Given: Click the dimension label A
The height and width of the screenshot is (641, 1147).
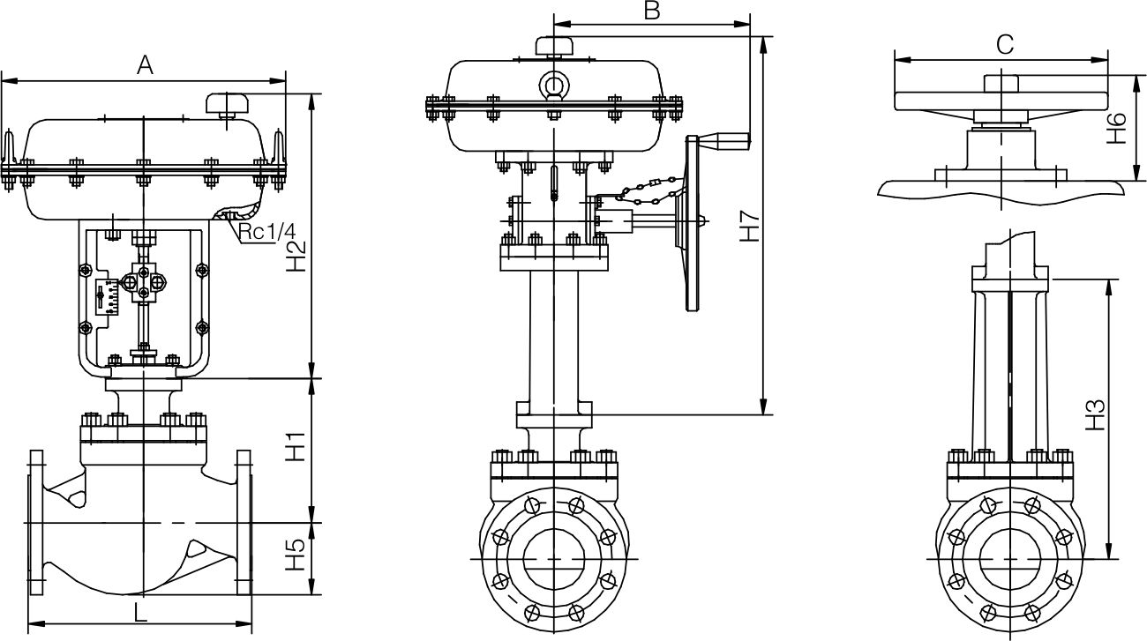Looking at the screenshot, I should point(146,64).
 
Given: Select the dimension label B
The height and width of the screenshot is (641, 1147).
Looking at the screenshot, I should point(651,11).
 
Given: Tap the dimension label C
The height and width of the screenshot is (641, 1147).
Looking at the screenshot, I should point(1003,44).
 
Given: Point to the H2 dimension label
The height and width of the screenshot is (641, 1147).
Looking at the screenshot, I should point(297,256).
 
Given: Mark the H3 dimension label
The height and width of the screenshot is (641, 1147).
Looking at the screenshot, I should point(1094,414).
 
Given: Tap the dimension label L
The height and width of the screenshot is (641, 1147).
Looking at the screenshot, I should point(140,611).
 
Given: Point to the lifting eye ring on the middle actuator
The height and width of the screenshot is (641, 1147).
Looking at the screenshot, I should point(554,85).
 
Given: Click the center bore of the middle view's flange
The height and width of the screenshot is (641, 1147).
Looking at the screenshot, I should point(553,559).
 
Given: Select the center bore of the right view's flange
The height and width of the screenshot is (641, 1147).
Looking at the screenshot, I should point(1009,559).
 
